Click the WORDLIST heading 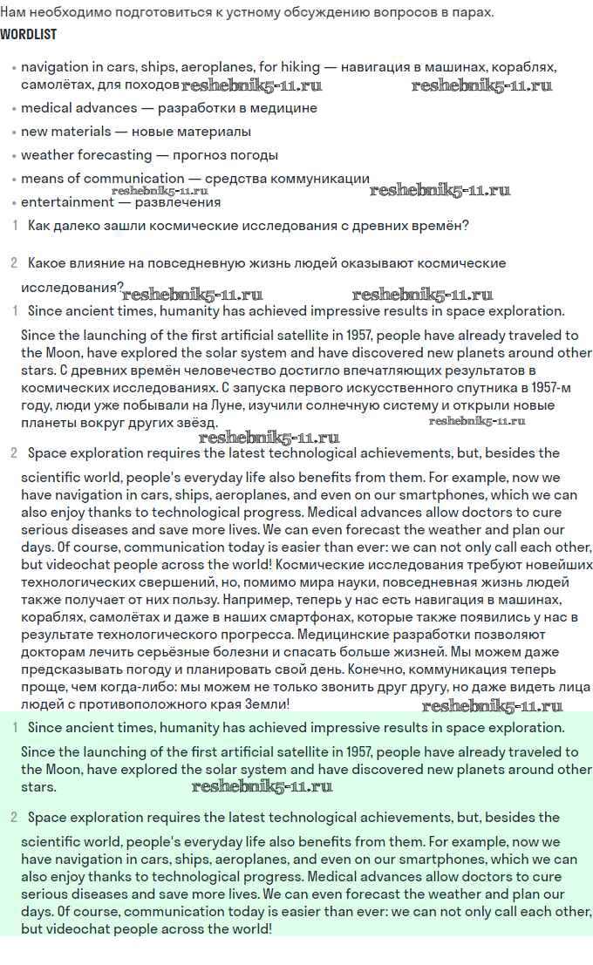point(29,35)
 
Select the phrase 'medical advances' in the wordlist point(78,108)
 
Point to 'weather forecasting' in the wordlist point(86,155)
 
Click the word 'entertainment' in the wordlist point(67,202)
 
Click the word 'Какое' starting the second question point(49,263)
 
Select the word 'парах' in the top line point(471,12)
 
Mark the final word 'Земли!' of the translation point(264,703)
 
